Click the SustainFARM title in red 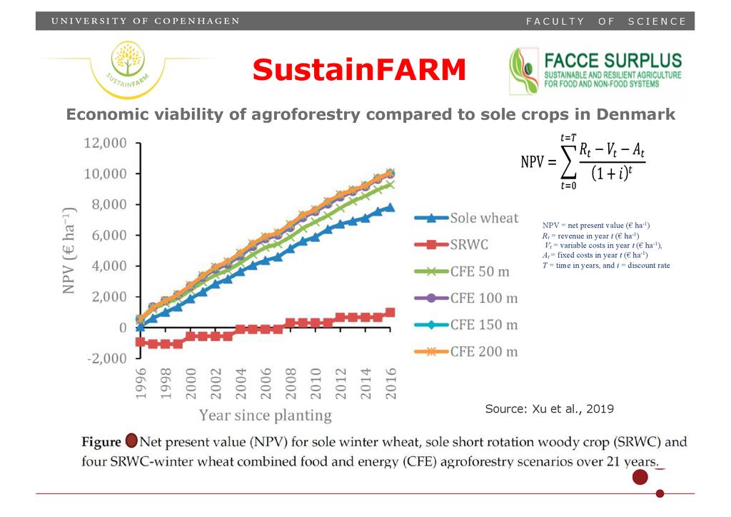pos(359,69)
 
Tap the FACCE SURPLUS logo pos(597,71)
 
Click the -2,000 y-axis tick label pos(107,358)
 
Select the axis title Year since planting pos(265,415)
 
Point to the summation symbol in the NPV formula pos(569,163)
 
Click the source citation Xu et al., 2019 pos(549,409)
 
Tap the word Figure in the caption pos(101,441)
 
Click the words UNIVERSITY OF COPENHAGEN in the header pos(145,21)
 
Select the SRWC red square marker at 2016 pos(390,312)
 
